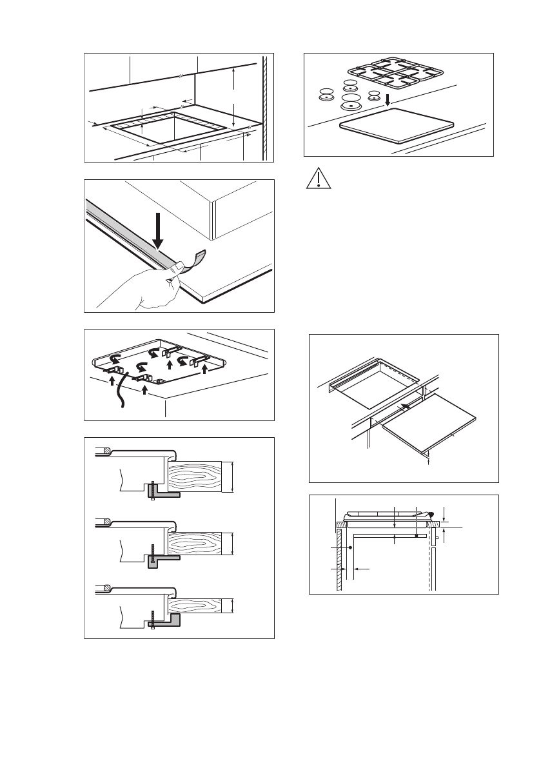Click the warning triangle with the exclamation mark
point(319,179)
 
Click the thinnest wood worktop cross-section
point(199,606)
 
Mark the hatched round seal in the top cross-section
point(107,450)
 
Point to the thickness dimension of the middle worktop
point(231,543)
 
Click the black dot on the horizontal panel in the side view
point(417,535)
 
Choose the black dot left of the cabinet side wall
point(349,547)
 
